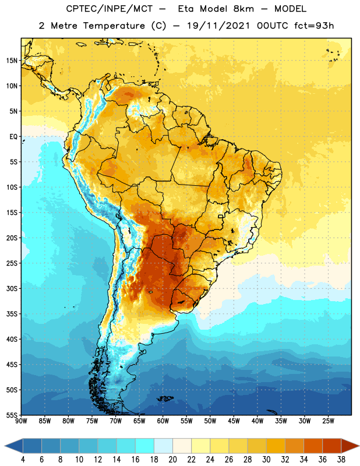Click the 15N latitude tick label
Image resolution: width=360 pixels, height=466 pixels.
point(12,61)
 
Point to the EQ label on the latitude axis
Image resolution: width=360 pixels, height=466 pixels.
point(13,137)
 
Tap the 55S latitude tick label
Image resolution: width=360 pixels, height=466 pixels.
point(12,415)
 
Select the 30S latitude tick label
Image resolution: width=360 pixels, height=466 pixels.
point(12,288)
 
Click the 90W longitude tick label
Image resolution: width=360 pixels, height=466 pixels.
point(21,421)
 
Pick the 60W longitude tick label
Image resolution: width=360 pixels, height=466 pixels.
point(163,421)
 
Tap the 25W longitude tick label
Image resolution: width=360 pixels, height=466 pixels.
point(328,421)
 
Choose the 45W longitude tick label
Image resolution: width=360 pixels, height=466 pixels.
point(234,421)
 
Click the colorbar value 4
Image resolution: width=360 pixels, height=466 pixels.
point(23,460)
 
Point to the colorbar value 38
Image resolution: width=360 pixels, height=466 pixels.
point(341,460)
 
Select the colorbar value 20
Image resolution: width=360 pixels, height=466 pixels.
point(172,460)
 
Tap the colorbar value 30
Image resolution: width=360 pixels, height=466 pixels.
point(266,460)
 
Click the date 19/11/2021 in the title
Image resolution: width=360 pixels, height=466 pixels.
point(218,26)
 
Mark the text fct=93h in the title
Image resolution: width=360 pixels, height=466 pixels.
point(314,26)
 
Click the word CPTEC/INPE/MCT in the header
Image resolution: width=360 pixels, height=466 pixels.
point(110,9)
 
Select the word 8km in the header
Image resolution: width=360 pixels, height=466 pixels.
point(243,9)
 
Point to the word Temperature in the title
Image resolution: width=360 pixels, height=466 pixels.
point(114,26)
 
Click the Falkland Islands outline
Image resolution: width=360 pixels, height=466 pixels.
point(165,398)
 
